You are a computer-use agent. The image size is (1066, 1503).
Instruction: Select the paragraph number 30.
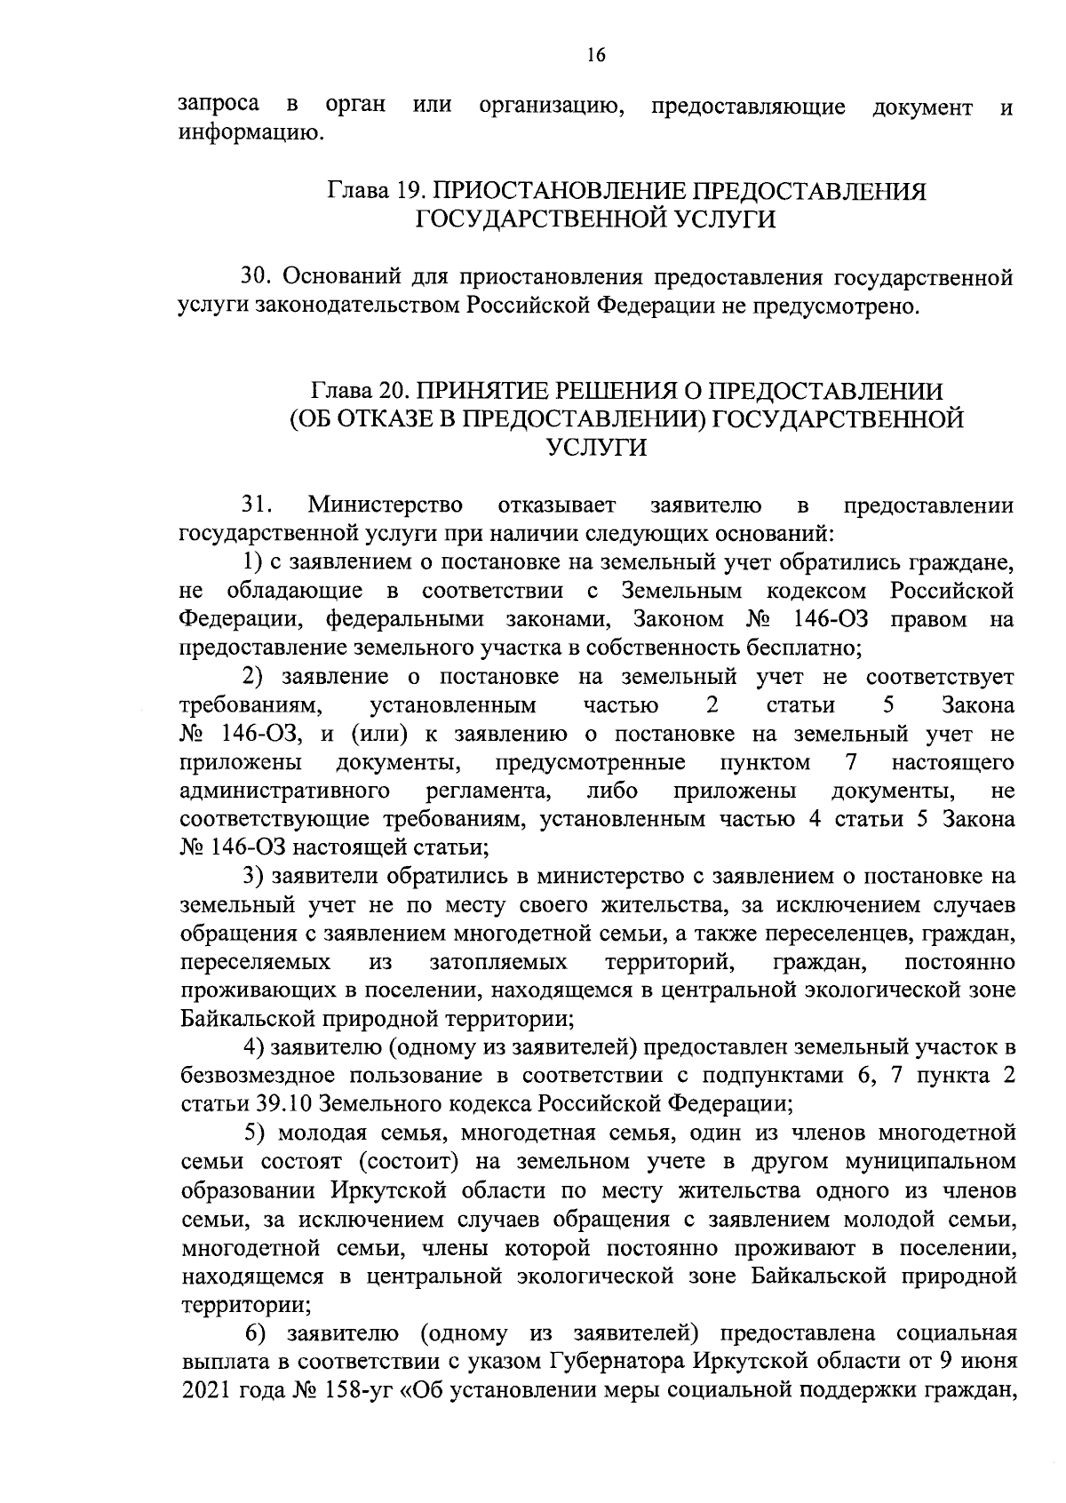tap(256, 277)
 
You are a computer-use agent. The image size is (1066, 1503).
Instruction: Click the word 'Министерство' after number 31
tap(385, 505)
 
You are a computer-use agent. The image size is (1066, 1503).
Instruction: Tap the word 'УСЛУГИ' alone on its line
tap(595, 448)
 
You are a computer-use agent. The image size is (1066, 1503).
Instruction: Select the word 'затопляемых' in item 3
tap(498, 961)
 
